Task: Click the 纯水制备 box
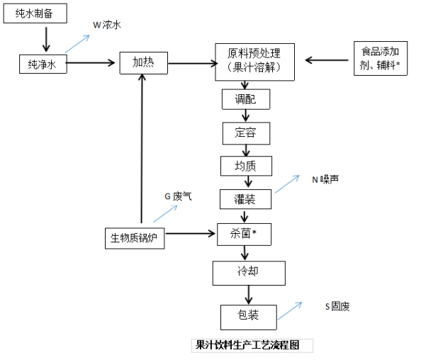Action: click(35, 13)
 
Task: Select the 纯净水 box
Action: click(43, 64)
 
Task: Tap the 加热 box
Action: click(144, 63)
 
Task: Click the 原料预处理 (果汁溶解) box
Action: click(255, 62)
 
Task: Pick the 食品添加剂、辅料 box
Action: click(381, 58)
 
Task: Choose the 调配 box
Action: click(246, 99)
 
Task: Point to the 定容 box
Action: click(246, 133)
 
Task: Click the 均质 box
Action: click(246, 166)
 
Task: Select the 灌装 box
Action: click(245, 199)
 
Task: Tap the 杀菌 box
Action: click(244, 234)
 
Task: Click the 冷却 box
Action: click(249, 273)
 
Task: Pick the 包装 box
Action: click(249, 317)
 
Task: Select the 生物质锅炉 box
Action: click(135, 238)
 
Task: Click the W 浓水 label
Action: click(107, 25)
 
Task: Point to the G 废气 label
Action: click(178, 196)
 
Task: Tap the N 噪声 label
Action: click(325, 179)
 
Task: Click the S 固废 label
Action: click(337, 306)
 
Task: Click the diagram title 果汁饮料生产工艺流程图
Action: click(247, 345)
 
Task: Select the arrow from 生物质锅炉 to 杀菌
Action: click(191, 234)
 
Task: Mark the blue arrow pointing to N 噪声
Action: click(287, 184)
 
